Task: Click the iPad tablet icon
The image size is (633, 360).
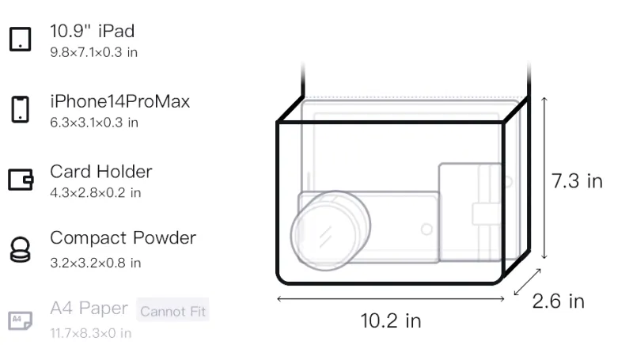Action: point(21,39)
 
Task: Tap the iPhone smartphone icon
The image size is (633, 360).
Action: point(21,109)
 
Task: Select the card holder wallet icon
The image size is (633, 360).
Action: point(21,180)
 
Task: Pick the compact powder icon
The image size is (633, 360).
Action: point(21,250)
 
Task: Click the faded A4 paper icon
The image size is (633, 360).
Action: point(21,320)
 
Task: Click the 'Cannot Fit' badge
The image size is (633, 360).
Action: point(172,311)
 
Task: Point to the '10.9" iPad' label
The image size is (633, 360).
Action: point(92,31)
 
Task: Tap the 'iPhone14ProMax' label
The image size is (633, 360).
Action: point(120,101)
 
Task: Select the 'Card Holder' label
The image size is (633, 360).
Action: point(101,172)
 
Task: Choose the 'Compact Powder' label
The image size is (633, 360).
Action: point(123,238)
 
